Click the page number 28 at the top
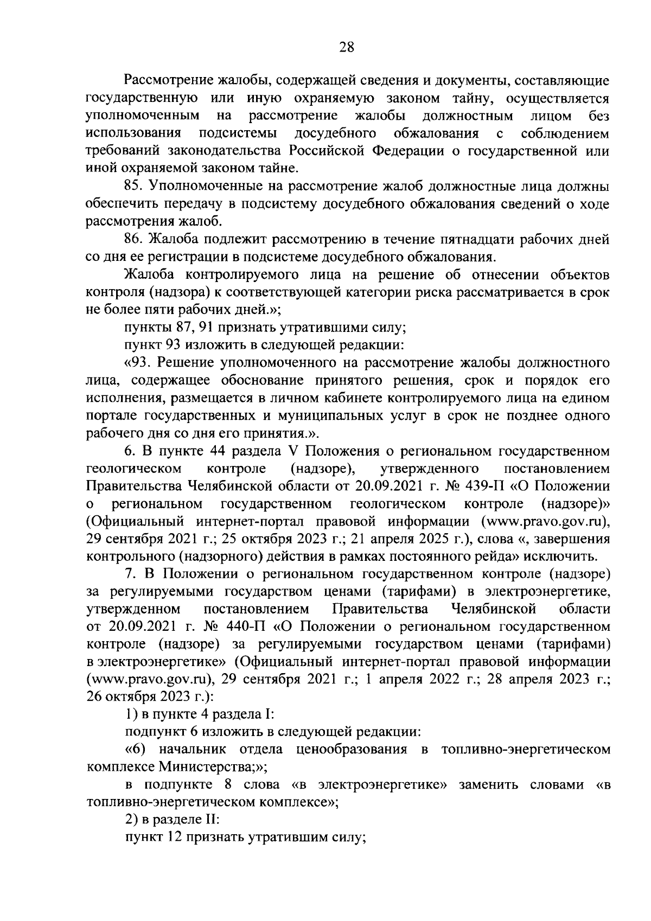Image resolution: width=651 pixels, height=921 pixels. click(347, 47)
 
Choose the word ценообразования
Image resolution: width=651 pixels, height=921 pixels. click(352, 750)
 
